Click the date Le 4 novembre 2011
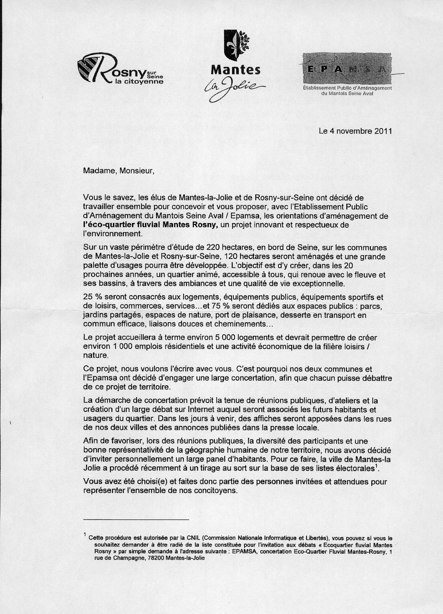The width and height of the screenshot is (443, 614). pos(355,131)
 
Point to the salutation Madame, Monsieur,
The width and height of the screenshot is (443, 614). pos(119,171)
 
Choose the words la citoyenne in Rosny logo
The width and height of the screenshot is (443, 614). pos(139,82)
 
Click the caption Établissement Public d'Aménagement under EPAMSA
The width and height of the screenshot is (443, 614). pos(347,88)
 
